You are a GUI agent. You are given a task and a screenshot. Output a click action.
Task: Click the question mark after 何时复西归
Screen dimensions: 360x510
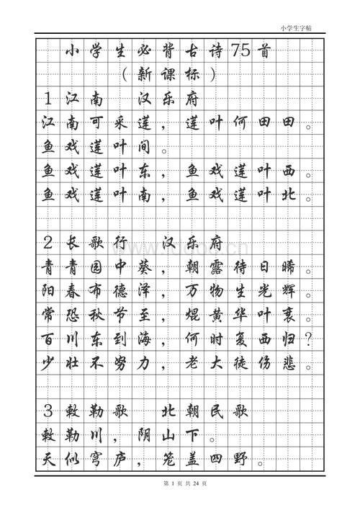coord(309,339)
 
